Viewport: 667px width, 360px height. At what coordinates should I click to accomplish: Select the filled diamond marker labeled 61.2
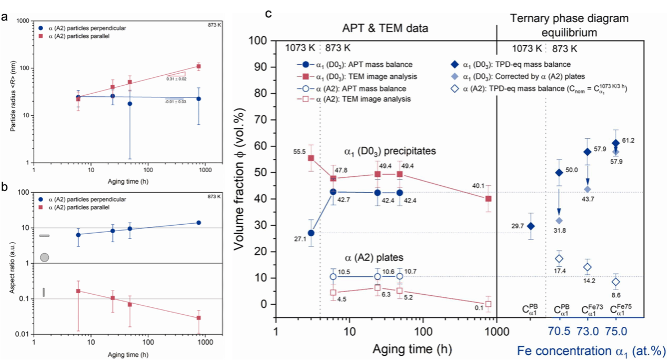(x=616, y=143)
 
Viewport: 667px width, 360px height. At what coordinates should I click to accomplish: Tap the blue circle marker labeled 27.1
(x=311, y=233)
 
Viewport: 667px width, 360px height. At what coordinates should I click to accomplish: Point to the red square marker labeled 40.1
(x=488, y=198)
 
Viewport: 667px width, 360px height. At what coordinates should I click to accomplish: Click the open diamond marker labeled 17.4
(x=559, y=258)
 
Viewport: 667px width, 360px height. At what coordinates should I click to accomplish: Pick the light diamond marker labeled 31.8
(x=559, y=220)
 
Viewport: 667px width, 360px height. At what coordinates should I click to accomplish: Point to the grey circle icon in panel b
(x=45, y=257)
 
